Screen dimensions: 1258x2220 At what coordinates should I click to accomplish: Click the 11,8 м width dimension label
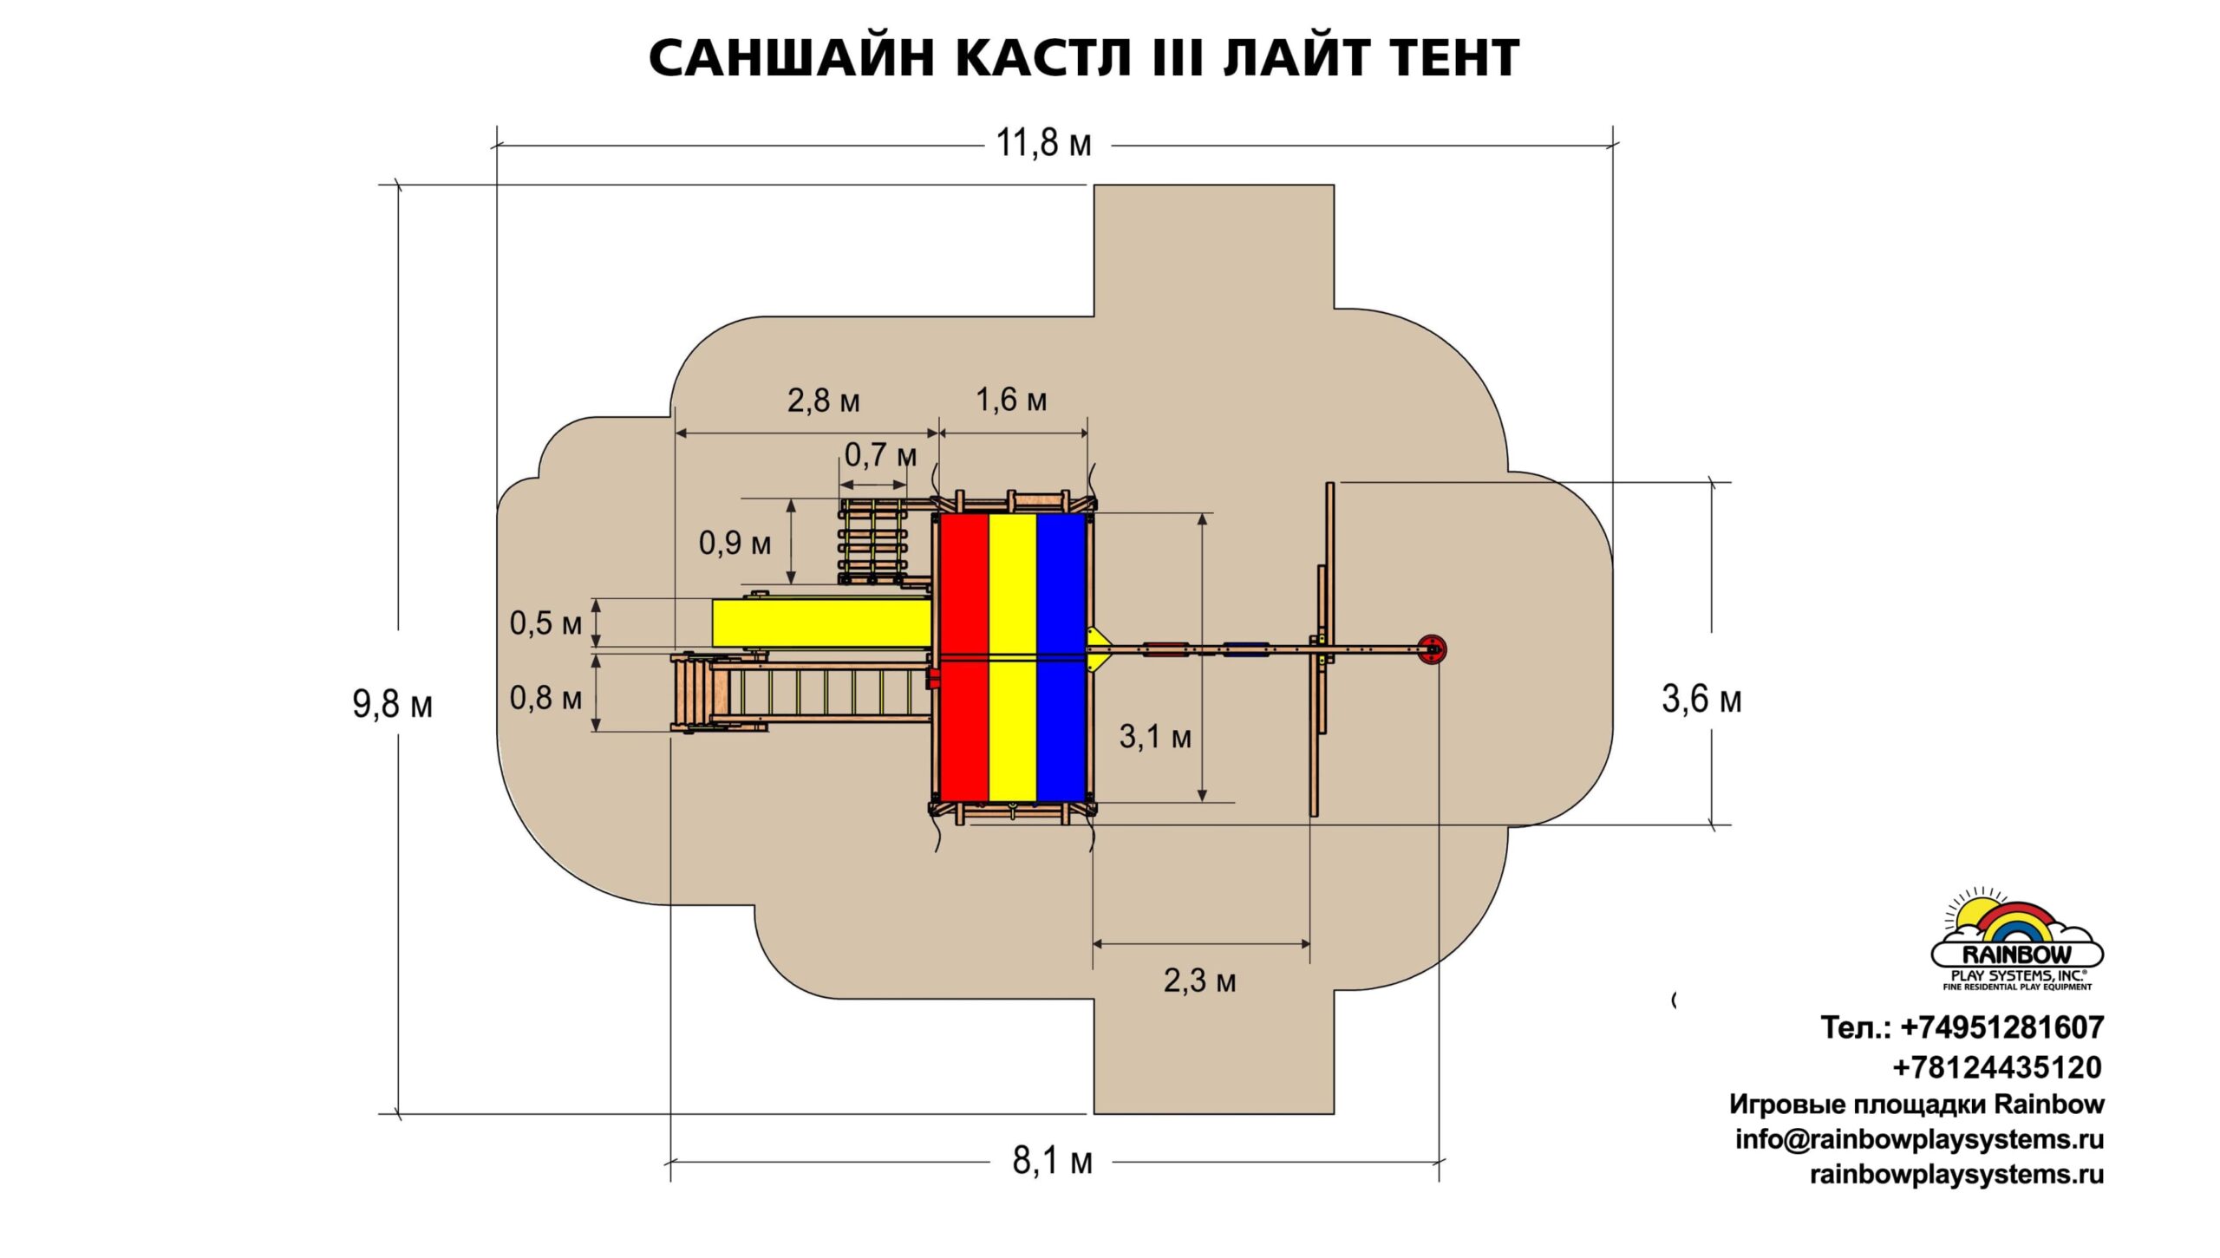tap(1043, 143)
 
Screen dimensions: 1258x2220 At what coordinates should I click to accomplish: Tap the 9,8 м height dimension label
tap(392, 704)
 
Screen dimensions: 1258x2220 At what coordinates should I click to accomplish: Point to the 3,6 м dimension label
tap(1701, 699)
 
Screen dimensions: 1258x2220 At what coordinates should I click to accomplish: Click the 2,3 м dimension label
tap(1199, 981)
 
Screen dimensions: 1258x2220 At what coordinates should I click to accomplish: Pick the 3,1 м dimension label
tap(1154, 736)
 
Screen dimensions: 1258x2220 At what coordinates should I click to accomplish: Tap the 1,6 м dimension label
tap(1011, 400)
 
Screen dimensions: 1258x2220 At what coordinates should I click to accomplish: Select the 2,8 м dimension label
tap(823, 401)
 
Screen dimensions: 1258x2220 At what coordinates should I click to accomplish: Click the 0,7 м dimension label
tap(880, 454)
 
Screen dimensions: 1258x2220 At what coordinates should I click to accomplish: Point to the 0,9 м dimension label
tap(735, 543)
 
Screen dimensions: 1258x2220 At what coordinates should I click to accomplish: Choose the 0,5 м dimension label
tap(545, 622)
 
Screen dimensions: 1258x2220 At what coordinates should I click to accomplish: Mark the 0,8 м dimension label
tap(545, 698)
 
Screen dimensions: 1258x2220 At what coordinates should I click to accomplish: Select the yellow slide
tap(821, 622)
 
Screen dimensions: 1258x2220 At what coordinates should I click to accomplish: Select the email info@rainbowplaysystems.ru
tap(1919, 1139)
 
